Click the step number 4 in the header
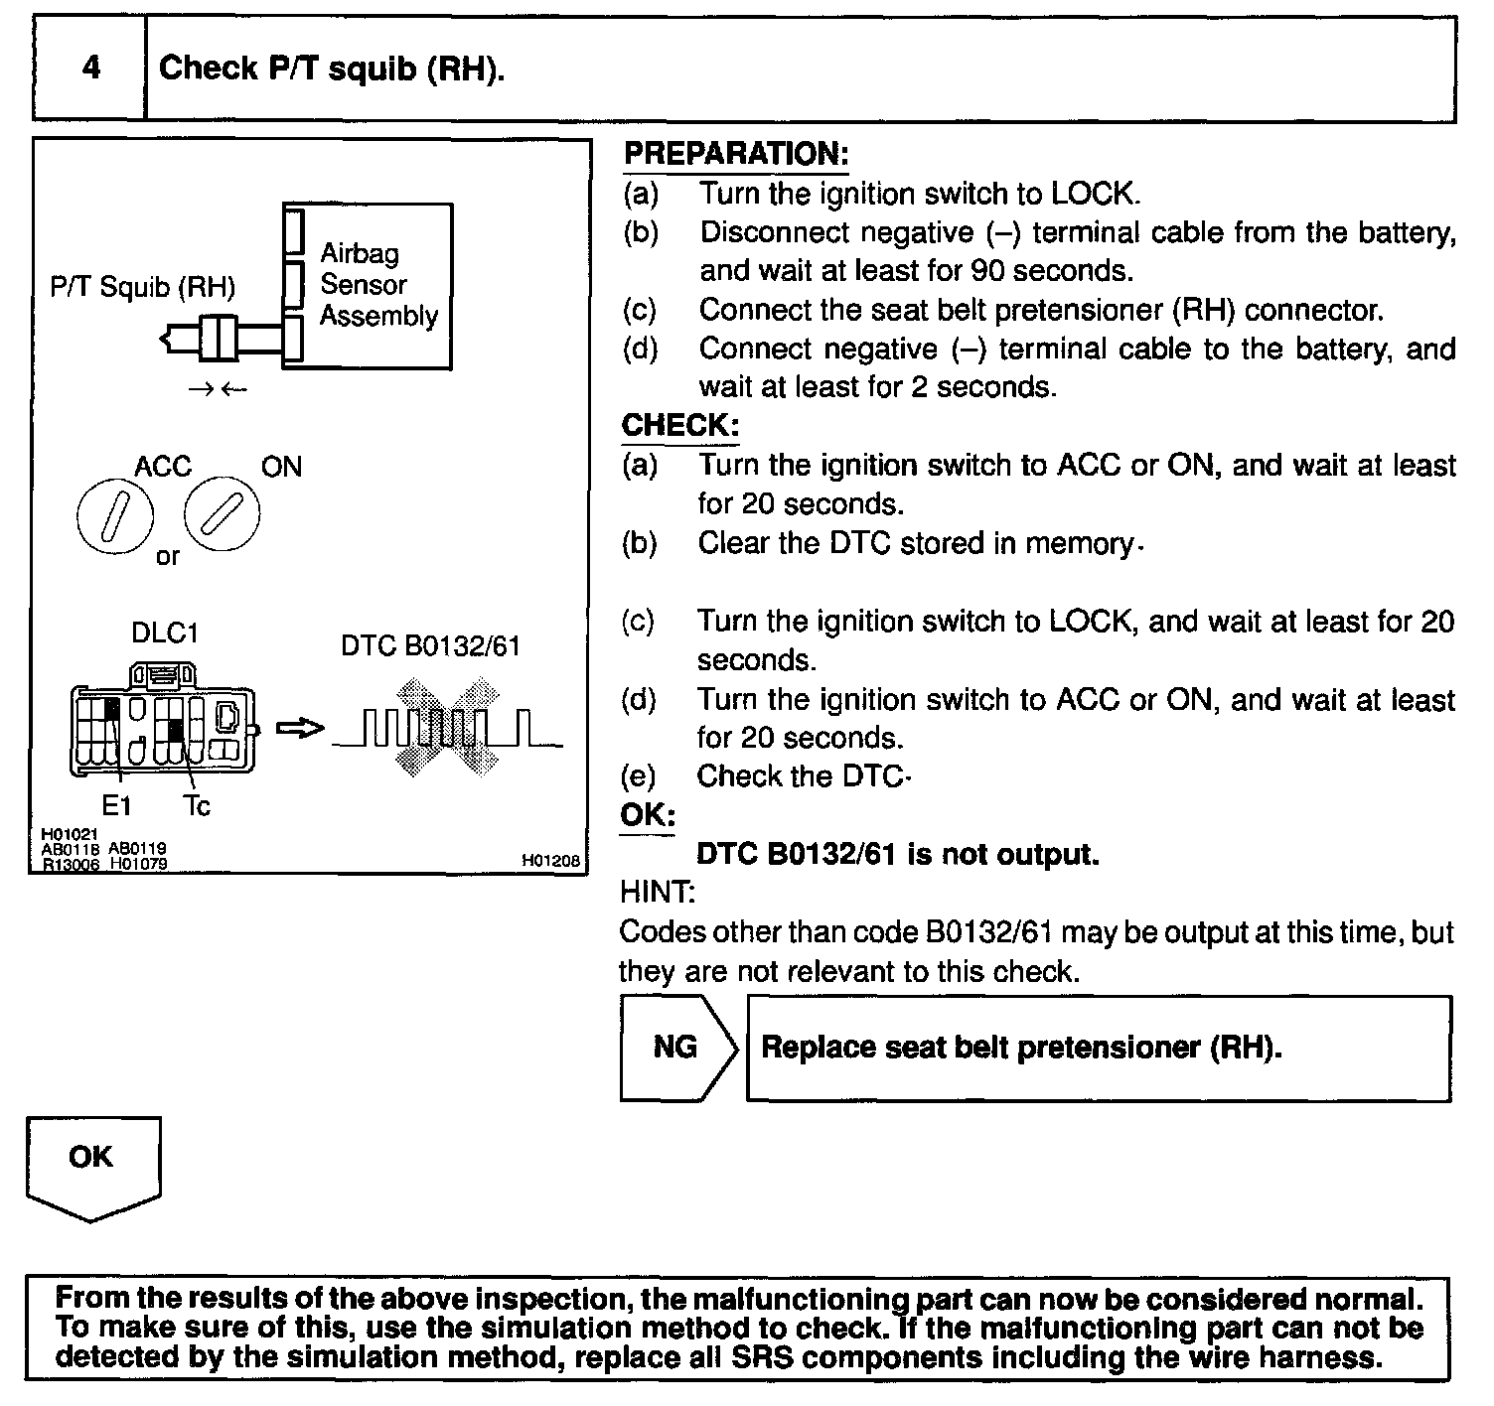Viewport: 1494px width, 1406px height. [x=90, y=68]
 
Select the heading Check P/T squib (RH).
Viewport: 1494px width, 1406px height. [x=332, y=68]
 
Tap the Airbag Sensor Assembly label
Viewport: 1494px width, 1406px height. [x=377, y=284]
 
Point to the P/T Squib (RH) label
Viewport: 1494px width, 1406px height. [x=142, y=287]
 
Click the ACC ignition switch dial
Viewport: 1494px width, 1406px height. [x=115, y=517]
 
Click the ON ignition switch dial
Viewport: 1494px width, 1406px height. [x=222, y=515]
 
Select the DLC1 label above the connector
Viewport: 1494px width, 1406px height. [x=165, y=633]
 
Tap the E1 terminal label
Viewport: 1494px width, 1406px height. [x=116, y=805]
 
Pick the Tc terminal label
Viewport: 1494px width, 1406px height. [x=197, y=805]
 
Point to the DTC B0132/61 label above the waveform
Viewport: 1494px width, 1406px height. [x=430, y=646]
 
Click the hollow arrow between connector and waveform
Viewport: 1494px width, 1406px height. [x=300, y=730]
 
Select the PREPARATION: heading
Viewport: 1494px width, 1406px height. [x=735, y=154]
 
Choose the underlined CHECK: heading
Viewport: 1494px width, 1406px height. [x=680, y=426]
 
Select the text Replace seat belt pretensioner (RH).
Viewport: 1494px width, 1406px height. [x=1021, y=1048]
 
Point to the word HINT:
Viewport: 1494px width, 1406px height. [x=657, y=893]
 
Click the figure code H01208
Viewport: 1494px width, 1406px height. [x=549, y=862]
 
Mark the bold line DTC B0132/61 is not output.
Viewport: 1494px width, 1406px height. [x=898, y=854]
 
